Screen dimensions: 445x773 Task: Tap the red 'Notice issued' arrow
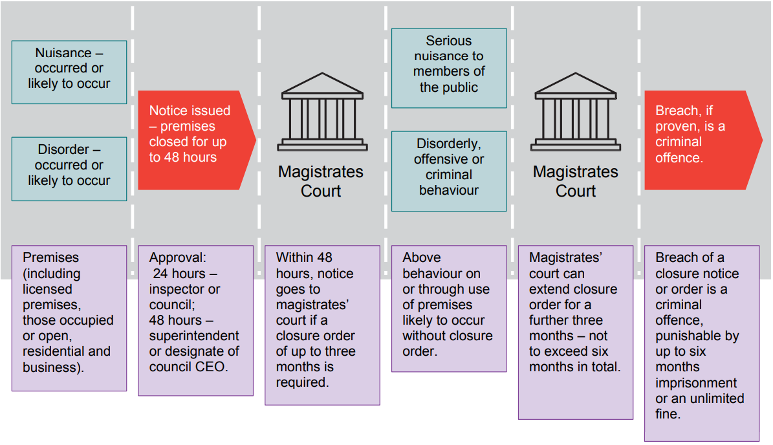click(x=194, y=140)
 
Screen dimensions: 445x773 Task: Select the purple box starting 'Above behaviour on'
click(x=449, y=307)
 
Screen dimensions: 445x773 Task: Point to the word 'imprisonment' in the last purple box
click(x=696, y=383)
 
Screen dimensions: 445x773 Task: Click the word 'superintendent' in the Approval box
click(x=194, y=336)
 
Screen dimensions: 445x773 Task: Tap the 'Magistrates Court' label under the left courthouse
click(x=321, y=182)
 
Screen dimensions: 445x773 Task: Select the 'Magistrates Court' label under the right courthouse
click(x=576, y=182)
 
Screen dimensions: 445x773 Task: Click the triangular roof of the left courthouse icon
click(x=321, y=84)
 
